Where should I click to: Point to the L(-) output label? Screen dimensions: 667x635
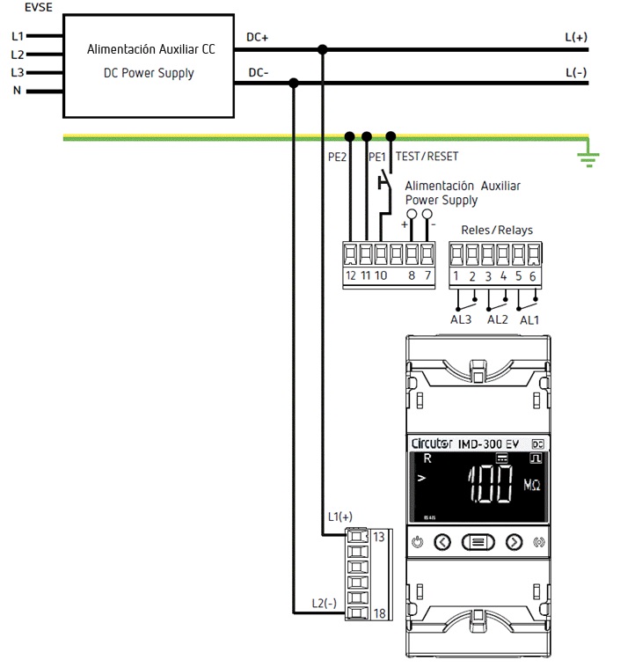click(576, 71)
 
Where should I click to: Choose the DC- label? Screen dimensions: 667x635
click(259, 72)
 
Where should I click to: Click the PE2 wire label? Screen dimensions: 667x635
click(338, 157)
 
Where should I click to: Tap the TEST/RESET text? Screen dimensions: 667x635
click(427, 156)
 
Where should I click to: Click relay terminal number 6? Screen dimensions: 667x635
click(532, 276)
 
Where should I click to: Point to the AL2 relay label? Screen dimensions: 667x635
click(497, 319)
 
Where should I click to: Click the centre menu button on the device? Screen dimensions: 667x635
click(478, 542)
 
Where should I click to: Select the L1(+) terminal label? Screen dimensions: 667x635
click(339, 516)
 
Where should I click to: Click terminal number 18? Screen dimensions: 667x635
click(380, 612)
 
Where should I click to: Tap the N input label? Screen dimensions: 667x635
click(16, 90)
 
